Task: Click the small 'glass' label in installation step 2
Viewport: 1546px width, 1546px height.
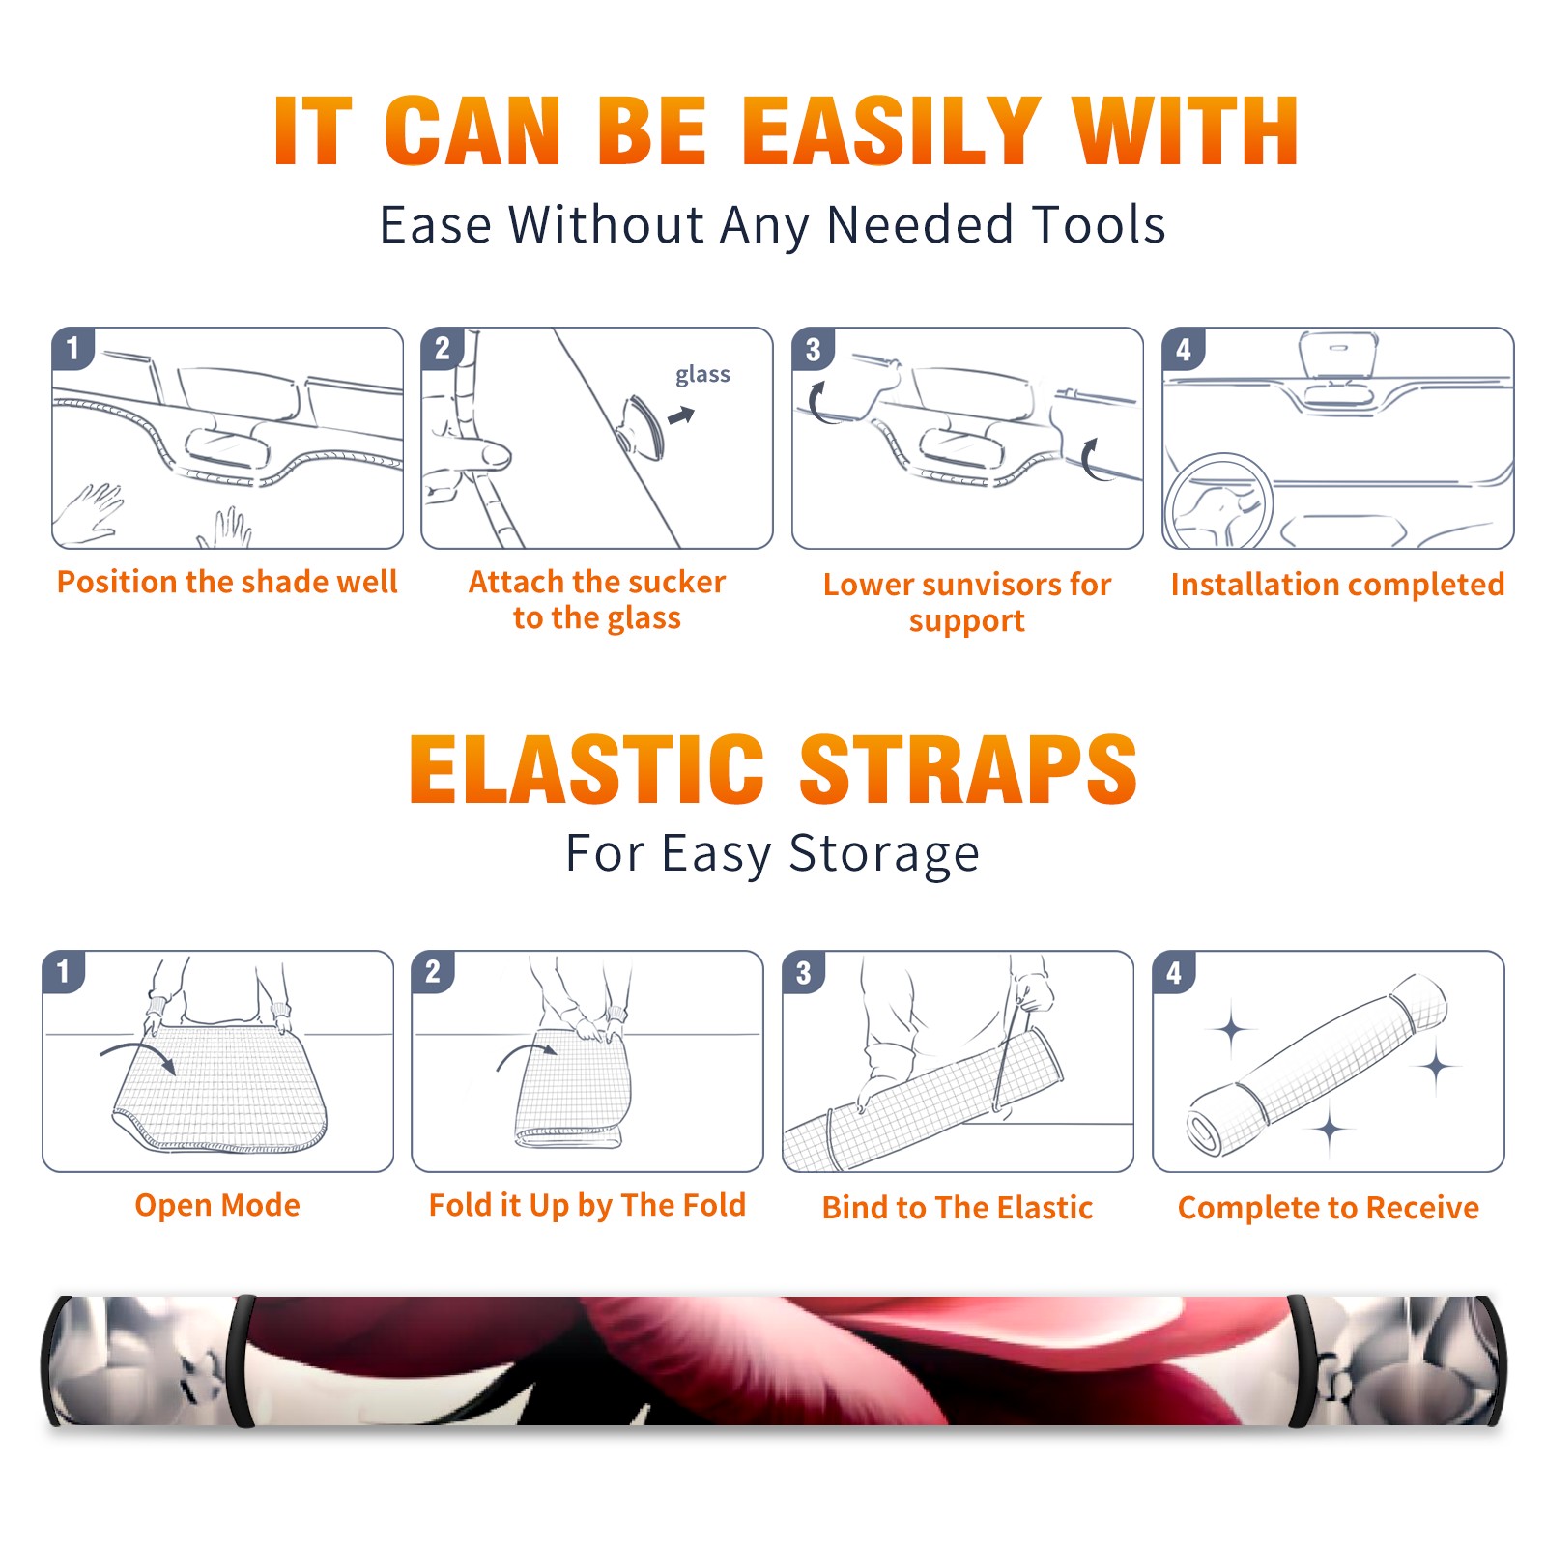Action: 702,375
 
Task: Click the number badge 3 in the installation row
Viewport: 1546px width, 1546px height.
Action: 814,350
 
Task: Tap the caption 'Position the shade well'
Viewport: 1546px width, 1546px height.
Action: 227,582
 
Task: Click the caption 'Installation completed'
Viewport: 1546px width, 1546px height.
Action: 1337,585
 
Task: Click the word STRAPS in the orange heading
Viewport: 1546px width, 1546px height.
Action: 969,769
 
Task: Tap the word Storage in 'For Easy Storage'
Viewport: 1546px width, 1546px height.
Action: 884,854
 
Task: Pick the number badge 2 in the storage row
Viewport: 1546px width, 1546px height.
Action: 433,972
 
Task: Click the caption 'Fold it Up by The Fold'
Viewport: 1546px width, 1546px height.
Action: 587,1206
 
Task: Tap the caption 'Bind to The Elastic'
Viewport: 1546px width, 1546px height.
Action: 958,1208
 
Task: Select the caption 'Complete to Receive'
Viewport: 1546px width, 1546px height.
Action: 1329,1208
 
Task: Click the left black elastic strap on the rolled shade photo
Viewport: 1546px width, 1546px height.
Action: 243,1360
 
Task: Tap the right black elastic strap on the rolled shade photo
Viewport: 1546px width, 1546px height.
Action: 1301,1360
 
